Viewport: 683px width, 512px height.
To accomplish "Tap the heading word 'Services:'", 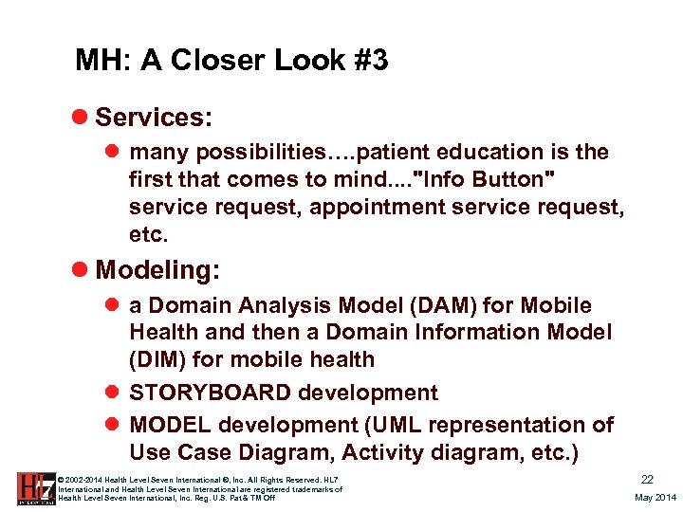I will pos(154,118).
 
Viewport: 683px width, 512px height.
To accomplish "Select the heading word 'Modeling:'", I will pos(157,270).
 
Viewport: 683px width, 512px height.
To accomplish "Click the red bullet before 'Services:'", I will pos(82,118).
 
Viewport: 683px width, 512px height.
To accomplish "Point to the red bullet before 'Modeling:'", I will pos(82,270).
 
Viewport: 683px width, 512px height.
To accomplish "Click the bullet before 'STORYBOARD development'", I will pos(113,393).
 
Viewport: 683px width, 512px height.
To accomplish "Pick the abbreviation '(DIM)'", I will pos(161,359).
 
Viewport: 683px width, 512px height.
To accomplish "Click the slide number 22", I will pos(648,481).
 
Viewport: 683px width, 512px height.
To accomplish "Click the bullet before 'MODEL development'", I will pos(113,424).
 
